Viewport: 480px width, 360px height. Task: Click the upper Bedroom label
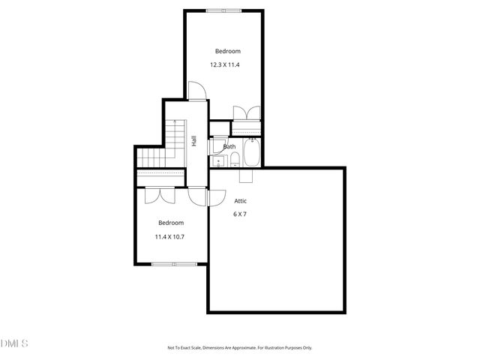[227, 51]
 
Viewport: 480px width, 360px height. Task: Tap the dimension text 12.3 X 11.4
[225, 65]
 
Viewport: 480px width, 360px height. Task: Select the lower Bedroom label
[170, 223]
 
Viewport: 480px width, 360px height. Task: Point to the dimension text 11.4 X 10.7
[169, 237]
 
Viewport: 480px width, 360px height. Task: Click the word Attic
[241, 201]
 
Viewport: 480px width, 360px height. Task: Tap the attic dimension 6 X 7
[240, 214]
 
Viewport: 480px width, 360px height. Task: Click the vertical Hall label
[193, 140]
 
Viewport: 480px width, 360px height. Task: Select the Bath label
[229, 147]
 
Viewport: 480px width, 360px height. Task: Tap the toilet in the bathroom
[234, 158]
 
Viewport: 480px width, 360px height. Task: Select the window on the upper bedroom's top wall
[224, 10]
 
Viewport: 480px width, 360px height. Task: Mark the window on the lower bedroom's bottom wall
[174, 263]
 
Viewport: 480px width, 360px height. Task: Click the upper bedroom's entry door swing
[196, 92]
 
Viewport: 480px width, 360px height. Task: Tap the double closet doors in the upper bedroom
[247, 112]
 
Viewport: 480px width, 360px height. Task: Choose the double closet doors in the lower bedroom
[160, 193]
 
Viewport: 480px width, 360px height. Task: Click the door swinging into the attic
[216, 197]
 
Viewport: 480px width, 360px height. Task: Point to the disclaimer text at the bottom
[239, 347]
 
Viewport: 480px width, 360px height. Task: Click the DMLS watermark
[14, 343]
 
